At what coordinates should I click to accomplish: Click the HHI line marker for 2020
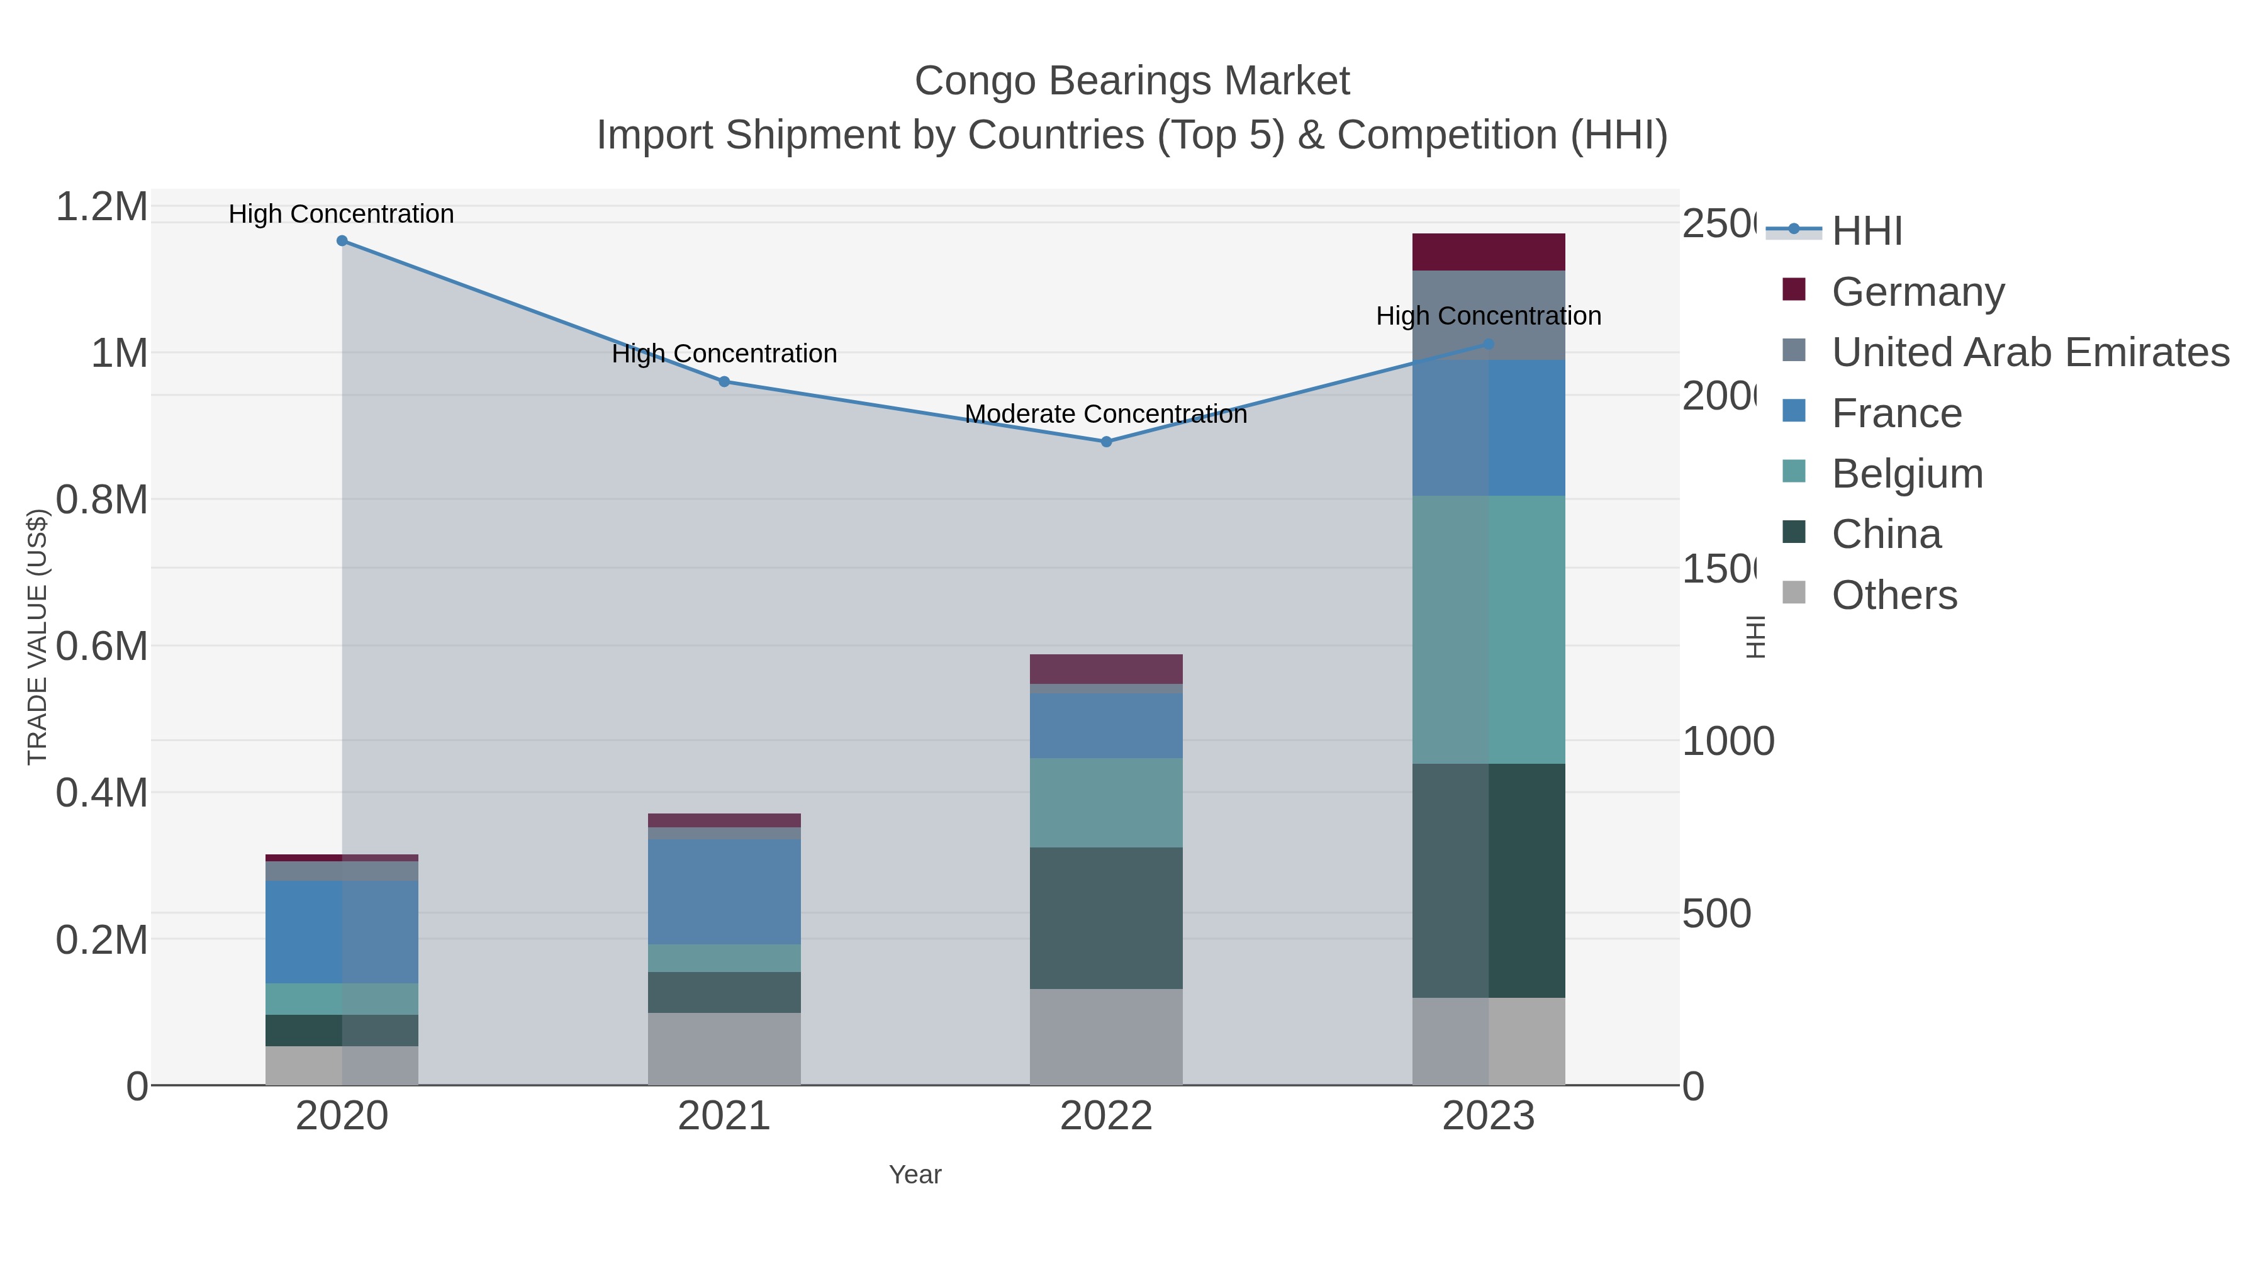pos(342,241)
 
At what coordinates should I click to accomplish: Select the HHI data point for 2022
pos(1106,442)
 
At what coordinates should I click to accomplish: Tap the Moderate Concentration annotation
pos(1105,414)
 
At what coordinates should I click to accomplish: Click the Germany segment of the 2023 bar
pos(1488,252)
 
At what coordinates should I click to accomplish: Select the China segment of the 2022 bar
pos(1105,917)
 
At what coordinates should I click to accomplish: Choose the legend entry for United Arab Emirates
pos(2029,352)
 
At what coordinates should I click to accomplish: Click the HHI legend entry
pos(1867,232)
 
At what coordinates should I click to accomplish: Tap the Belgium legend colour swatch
pos(1794,471)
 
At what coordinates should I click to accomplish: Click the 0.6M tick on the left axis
pos(101,646)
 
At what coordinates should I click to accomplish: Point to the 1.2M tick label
pos(101,208)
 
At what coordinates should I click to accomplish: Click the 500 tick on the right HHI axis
pos(1716,914)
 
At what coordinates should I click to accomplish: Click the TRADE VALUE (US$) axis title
pos(37,637)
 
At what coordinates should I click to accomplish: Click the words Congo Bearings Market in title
pos(1132,81)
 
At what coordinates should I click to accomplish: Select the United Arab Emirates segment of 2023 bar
pos(1488,315)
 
